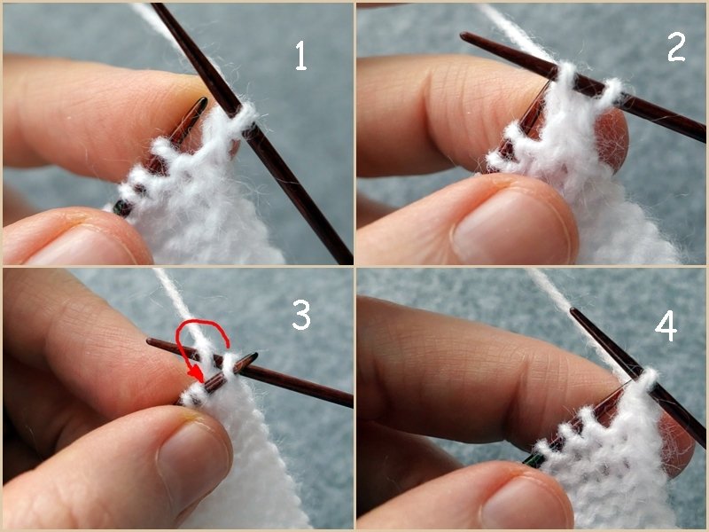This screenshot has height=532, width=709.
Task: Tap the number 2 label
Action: tap(675, 47)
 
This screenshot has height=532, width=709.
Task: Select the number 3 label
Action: tap(301, 317)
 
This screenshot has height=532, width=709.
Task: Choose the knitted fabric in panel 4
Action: tap(612, 461)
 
